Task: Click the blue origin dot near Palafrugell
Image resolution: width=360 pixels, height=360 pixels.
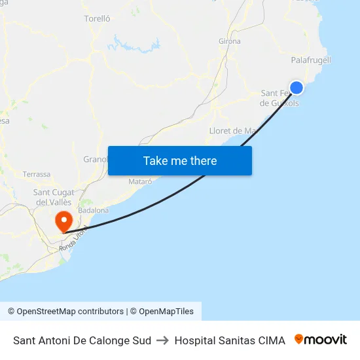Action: (x=297, y=88)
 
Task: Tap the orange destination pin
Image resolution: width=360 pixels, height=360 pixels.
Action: (x=64, y=219)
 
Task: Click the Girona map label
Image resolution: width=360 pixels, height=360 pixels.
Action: (x=229, y=41)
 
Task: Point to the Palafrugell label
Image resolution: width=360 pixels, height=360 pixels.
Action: (x=311, y=60)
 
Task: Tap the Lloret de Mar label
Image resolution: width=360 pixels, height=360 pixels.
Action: (x=232, y=131)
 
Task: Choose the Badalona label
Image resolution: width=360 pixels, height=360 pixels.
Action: (x=93, y=210)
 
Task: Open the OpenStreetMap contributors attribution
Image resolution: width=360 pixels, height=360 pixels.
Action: (x=65, y=312)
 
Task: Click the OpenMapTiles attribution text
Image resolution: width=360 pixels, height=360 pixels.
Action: (x=166, y=312)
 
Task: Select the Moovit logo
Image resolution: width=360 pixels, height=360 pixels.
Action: (x=321, y=340)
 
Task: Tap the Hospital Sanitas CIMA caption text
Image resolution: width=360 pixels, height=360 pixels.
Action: (x=230, y=340)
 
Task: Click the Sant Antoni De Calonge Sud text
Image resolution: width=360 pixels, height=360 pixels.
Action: (x=82, y=340)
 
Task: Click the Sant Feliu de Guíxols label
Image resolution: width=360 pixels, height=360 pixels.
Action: (x=279, y=98)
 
